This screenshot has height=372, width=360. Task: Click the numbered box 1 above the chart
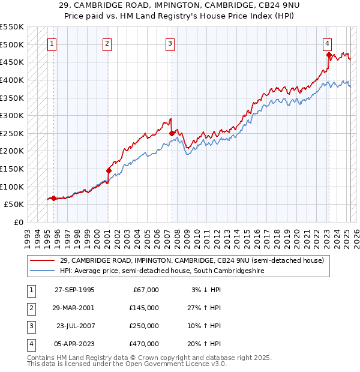pyautogui.click(x=52, y=43)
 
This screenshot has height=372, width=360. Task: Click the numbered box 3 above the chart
pyautogui.click(x=170, y=43)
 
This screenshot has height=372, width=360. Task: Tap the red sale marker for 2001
pyautogui.click(x=109, y=170)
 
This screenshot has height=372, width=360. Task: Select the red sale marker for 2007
pyautogui.click(x=172, y=133)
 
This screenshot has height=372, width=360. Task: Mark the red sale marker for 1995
pyautogui.click(x=53, y=198)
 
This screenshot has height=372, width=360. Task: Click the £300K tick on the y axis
pyautogui.click(x=12, y=115)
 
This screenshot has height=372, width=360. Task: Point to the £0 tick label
pyautogui.click(x=18, y=222)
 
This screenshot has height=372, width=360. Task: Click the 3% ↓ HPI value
pyautogui.click(x=205, y=290)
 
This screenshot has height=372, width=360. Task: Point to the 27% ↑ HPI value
pyautogui.click(x=205, y=308)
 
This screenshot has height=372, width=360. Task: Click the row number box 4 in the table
pyautogui.click(x=30, y=344)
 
